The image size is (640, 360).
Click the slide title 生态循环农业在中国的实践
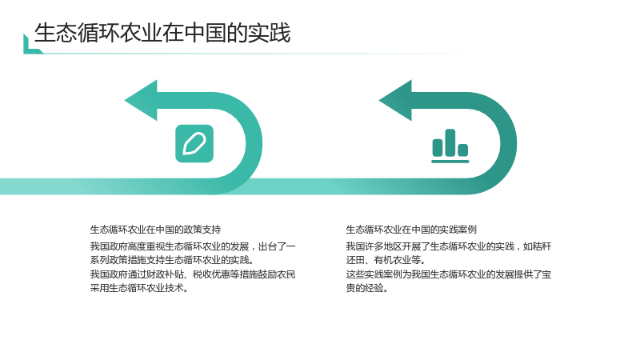coord(162,33)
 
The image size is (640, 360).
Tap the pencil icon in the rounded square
coord(194,144)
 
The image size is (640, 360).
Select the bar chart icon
coord(450,146)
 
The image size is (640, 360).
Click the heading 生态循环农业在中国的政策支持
coord(155,230)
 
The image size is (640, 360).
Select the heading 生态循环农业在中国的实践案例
coord(411,230)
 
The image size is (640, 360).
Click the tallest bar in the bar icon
coord(450,142)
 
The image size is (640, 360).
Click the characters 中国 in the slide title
coord(205,33)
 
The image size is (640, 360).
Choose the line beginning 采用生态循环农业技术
coord(139,288)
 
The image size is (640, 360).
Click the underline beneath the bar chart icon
coord(450,162)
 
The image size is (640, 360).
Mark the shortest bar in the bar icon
coord(463,150)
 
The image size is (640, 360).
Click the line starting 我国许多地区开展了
coord(449,246)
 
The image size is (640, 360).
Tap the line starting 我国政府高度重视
coord(193,246)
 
